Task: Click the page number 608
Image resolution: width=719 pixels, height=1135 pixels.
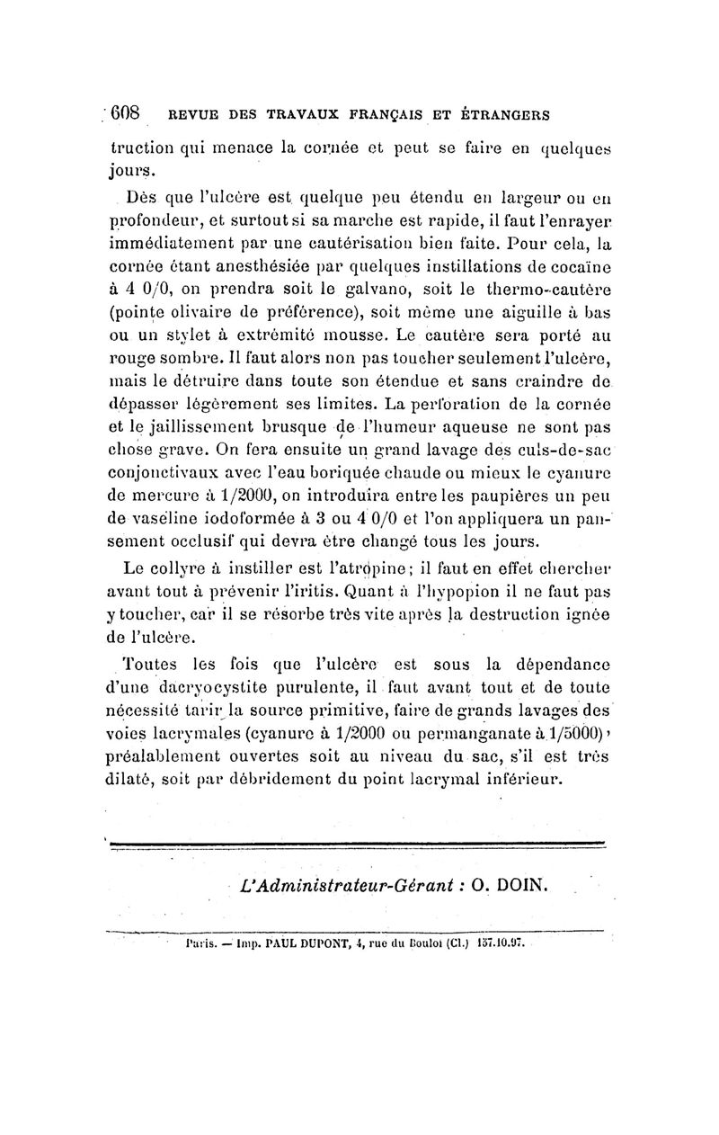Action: point(125,114)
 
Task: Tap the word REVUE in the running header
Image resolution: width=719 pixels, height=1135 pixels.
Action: point(187,116)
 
